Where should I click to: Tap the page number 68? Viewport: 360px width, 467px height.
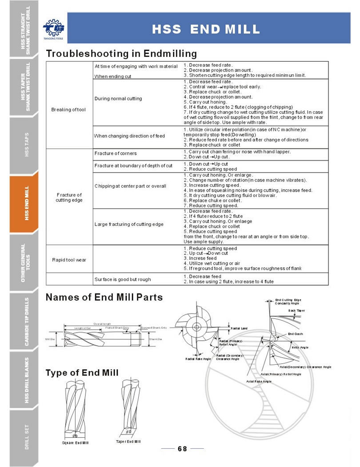pyautogui.click(x=182, y=448)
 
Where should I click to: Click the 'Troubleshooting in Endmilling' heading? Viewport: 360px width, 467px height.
pyautogui.click(x=121, y=54)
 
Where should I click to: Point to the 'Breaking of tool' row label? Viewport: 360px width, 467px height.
pyautogui.click(x=68, y=109)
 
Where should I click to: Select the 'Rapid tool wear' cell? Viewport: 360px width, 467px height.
pyautogui.click(x=68, y=260)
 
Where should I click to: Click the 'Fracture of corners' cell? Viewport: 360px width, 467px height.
pyautogui.click(x=116, y=153)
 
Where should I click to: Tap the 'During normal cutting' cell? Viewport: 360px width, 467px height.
pyautogui.click(x=118, y=98)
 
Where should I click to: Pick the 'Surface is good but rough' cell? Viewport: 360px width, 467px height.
pyautogui.click(x=122, y=279)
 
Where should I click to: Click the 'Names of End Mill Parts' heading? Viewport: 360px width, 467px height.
pyautogui.click(x=104, y=297)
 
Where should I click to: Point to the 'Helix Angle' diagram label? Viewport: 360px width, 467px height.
pyautogui.click(x=300, y=347)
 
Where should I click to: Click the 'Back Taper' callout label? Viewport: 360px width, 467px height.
pyautogui.click(x=296, y=310)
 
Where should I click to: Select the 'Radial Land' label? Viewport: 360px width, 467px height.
pyautogui.click(x=239, y=328)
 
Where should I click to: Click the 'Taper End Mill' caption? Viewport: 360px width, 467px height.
pyautogui.click(x=128, y=441)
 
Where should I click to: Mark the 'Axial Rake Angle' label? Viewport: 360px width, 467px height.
pyautogui.click(x=259, y=381)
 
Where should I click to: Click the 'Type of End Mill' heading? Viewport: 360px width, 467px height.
pyautogui.click(x=82, y=372)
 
